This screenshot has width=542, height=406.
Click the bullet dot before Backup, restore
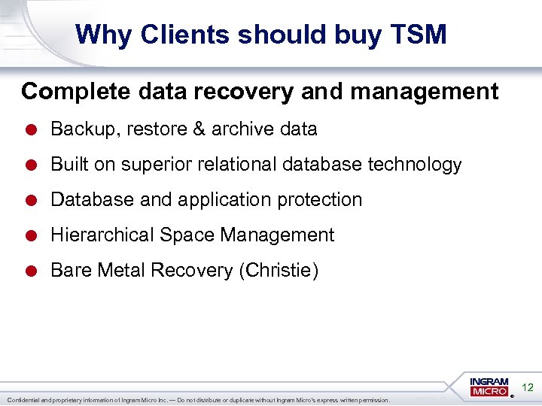(34, 129)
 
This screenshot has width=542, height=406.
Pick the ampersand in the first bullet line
(197, 129)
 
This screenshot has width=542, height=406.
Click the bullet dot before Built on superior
(34, 165)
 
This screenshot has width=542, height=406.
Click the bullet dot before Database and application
(34, 200)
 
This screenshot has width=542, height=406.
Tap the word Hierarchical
(102, 235)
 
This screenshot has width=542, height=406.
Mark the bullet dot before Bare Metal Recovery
(34, 271)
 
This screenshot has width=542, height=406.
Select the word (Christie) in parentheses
(279, 271)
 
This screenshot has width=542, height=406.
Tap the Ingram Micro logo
(489, 387)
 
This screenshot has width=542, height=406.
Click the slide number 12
(528, 388)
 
